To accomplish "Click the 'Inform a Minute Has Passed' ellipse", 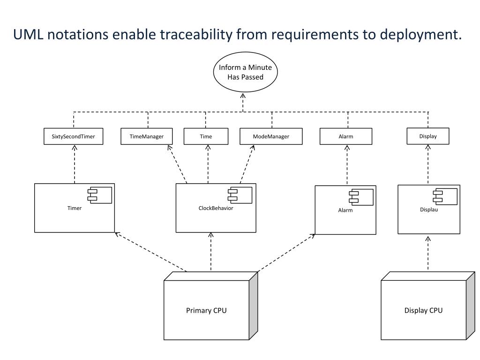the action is (x=245, y=72).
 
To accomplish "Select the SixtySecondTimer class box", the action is (x=73, y=136).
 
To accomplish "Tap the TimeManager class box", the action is (x=147, y=136).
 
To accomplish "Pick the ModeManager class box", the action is (x=271, y=136).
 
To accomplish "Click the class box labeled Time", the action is (x=206, y=136).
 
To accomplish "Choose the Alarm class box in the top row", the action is (x=346, y=136).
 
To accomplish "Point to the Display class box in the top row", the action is (x=428, y=136).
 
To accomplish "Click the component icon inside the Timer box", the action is (x=100, y=195).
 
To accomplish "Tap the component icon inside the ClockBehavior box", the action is (x=240, y=195).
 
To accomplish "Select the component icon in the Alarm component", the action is (x=361, y=197).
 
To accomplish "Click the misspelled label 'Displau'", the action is (x=429, y=210).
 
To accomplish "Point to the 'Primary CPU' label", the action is (x=206, y=310).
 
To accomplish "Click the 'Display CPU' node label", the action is (x=423, y=310).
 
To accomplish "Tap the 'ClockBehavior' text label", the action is (x=216, y=208).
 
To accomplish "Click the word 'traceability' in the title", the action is (x=196, y=34).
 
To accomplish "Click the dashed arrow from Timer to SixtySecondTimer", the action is (x=75, y=164).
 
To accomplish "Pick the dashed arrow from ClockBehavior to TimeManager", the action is (x=177, y=164).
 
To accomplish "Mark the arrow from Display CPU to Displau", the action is (x=428, y=253).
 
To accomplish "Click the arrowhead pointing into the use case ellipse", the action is (x=243, y=96).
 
